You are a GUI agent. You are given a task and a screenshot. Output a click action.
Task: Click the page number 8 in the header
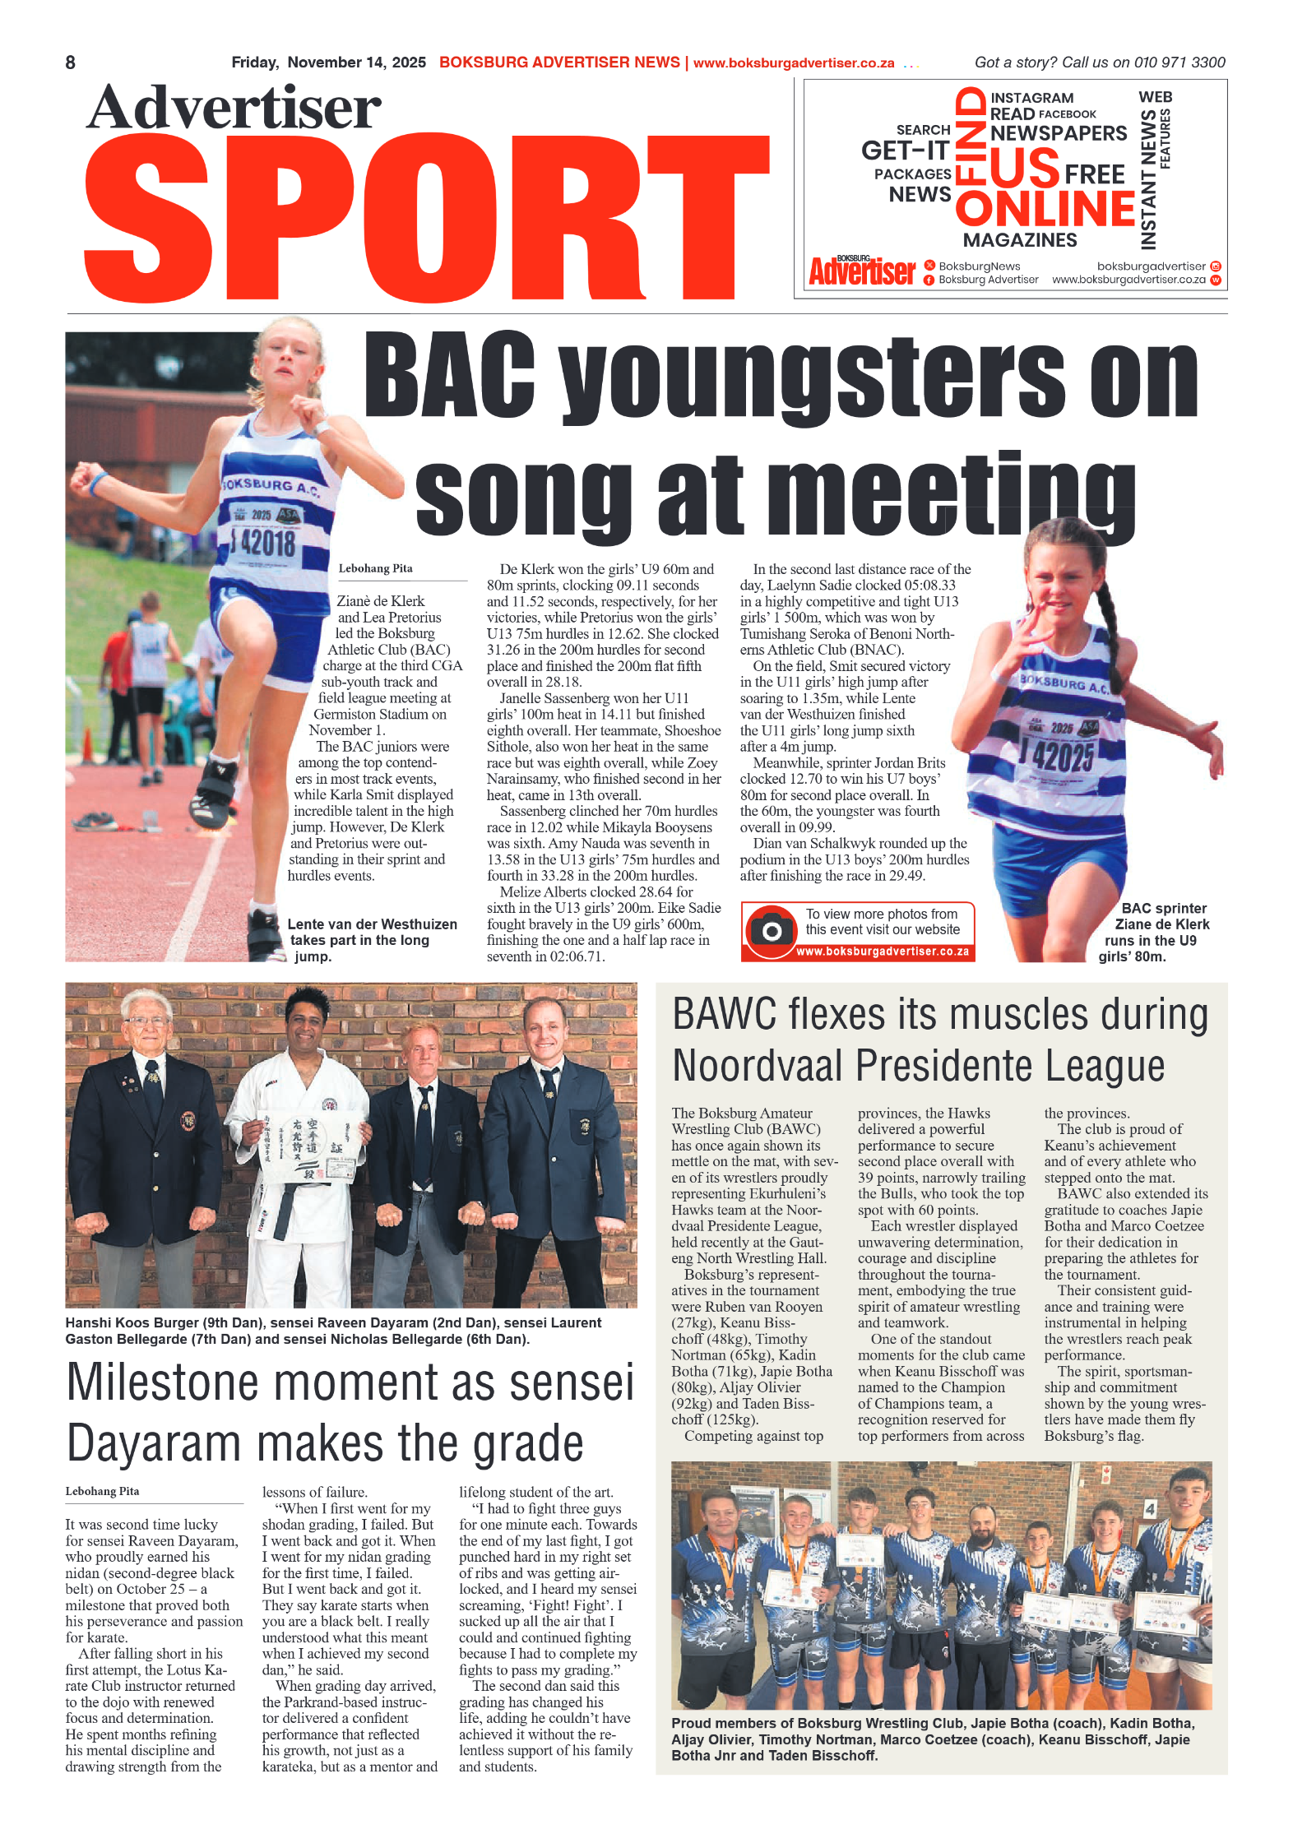click(71, 63)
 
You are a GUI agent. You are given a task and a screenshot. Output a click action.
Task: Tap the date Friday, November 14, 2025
click(328, 63)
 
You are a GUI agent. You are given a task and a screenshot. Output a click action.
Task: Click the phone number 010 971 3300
click(1179, 63)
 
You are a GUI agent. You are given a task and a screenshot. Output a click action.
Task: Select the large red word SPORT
click(428, 218)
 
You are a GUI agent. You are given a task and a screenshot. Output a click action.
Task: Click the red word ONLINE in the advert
click(1045, 208)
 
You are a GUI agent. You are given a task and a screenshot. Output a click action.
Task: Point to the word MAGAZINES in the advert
click(1019, 240)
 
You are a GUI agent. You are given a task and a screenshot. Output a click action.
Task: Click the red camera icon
click(771, 929)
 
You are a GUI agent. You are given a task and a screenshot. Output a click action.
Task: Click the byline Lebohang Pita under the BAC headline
click(375, 568)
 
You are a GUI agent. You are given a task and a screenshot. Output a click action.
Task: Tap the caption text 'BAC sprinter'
click(1163, 908)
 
